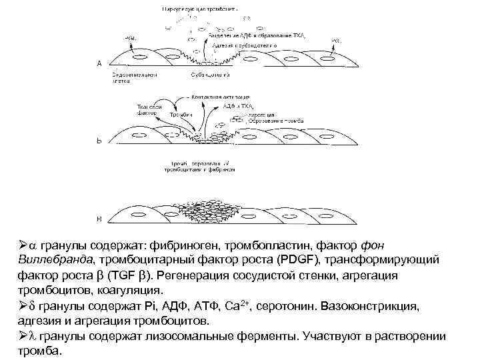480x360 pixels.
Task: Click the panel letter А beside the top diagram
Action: pyautogui.click(x=99, y=63)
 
